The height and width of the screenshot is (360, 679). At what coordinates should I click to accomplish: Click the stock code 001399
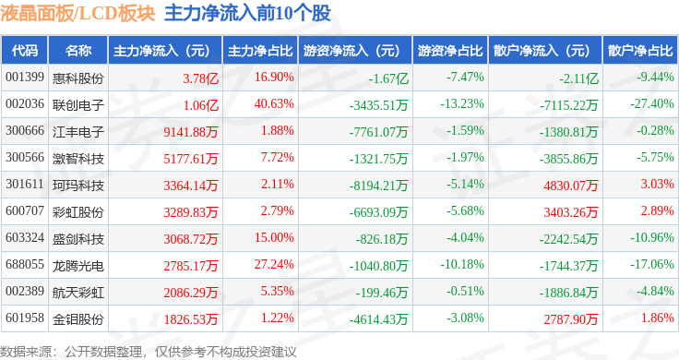click(25, 78)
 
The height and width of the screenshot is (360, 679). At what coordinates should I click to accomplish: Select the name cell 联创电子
click(77, 105)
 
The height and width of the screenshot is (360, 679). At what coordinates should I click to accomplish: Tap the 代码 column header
click(25, 51)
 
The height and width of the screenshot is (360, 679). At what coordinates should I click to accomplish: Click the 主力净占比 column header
click(260, 51)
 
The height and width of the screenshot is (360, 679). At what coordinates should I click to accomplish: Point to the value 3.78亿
click(200, 78)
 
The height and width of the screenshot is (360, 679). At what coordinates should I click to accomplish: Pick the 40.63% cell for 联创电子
click(274, 104)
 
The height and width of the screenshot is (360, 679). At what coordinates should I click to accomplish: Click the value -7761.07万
click(378, 132)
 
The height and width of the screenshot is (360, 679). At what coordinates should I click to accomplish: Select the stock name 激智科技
click(77, 159)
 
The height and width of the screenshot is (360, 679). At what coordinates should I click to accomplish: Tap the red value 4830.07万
click(571, 186)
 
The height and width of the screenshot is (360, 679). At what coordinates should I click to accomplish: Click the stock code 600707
click(25, 211)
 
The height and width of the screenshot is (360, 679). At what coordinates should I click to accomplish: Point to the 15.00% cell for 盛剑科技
click(274, 238)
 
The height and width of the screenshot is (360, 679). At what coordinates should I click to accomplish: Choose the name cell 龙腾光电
click(77, 266)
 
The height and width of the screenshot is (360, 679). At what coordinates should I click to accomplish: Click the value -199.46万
click(382, 293)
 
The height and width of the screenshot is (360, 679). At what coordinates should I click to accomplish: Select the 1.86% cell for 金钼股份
click(658, 318)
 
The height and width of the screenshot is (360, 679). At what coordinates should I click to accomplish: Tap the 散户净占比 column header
click(640, 51)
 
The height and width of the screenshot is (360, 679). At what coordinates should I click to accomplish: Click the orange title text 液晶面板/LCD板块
click(77, 13)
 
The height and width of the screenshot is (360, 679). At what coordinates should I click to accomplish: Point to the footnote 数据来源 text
click(25, 352)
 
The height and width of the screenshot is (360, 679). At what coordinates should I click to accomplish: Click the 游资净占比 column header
click(450, 51)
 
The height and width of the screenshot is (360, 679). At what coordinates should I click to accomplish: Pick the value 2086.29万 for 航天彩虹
click(191, 293)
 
